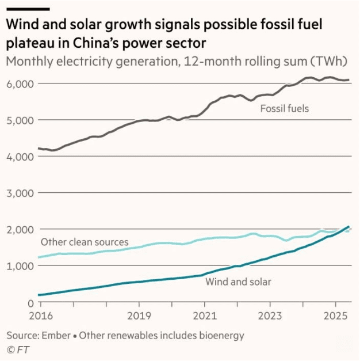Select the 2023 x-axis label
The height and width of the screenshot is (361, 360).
coord(270,316)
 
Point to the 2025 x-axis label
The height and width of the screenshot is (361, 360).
coord(336,316)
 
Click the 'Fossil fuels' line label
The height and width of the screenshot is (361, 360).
coord(285,108)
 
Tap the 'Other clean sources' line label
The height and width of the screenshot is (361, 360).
coord(84,242)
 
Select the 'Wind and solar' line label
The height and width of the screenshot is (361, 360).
coord(238,282)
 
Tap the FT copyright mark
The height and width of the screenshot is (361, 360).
coord(17,349)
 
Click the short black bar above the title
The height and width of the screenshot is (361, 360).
coord(28,9)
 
